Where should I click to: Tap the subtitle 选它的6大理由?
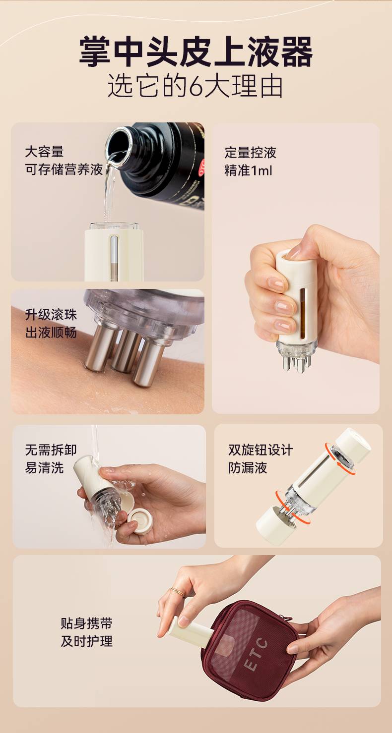pos(196,86)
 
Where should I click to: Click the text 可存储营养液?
pos(64,169)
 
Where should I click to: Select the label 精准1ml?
pos(248,170)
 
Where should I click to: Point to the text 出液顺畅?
pos(51,333)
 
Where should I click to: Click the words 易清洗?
pos(45,468)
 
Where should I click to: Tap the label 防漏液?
pos(248,468)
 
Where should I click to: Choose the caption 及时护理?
pos(86,641)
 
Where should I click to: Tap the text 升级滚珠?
pos(51,315)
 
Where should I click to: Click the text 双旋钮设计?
pos(261,450)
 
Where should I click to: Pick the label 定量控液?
pos(251,153)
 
